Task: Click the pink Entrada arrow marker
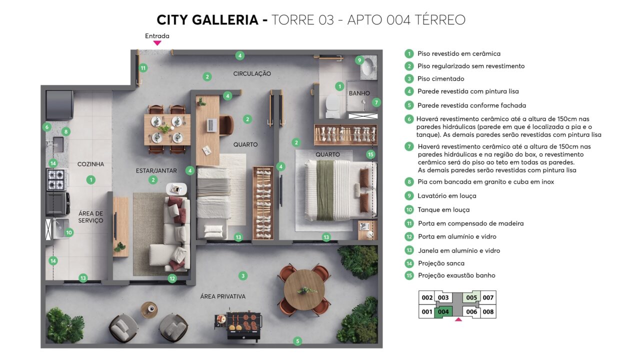tap(157, 43)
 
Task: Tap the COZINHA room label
tap(90, 164)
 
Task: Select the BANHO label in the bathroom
tap(359, 93)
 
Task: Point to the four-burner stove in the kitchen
tap(56, 180)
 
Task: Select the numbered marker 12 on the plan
tap(172, 278)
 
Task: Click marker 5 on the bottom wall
tap(297, 341)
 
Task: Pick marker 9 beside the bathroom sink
tap(359, 60)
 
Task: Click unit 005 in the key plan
tap(471, 297)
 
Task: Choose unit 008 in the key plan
tap(488, 312)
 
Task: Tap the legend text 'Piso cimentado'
tap(440, 79)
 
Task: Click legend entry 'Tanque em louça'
tap(443, 209)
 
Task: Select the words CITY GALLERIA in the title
tap(207, 20)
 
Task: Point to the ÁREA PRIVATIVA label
tap(223, 296)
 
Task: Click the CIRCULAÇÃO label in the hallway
tap(252, 73)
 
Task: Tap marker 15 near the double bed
tap(370, 154)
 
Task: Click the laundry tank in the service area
tap(61, 228)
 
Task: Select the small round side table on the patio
tap(149, 309)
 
